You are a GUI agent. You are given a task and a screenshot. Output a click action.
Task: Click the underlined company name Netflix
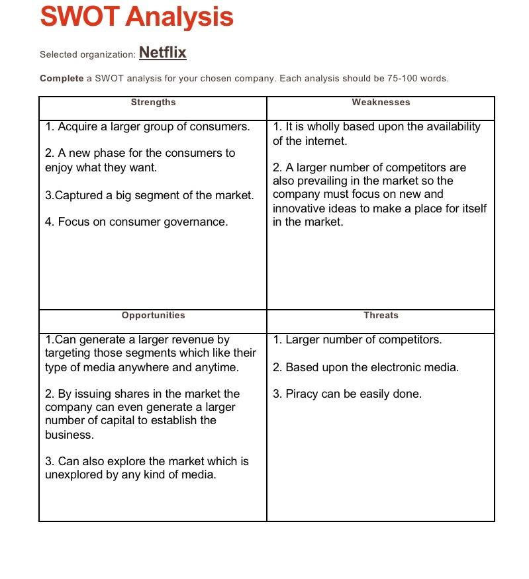click(x=162, y=53)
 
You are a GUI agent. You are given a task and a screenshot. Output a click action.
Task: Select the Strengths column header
click(x=153, y=102)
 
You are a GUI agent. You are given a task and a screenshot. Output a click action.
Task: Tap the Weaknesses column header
click(x=381, y=102)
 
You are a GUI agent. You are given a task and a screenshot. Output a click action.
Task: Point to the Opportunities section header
click(x=153, y=315)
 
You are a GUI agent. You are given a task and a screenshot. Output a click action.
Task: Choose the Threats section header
click(x=381, y=315)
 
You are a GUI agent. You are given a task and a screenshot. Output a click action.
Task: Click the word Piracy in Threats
click(x=303, y=394)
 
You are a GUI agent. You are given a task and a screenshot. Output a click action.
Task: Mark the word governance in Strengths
click(x=195, y=222)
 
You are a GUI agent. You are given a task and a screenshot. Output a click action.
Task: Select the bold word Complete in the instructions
click(x=62, y=78)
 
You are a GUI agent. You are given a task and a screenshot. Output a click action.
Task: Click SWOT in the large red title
click(x=79, y=17)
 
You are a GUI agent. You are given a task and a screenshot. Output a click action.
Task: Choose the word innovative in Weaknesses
click(x=301, y=208)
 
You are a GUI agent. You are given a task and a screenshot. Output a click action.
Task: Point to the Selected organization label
click(x=87, y=54)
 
